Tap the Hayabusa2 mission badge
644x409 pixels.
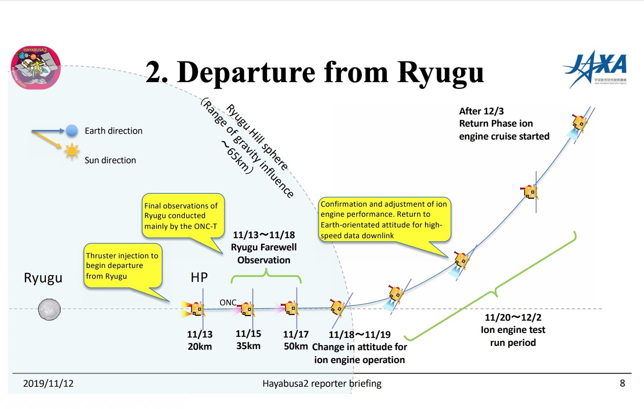[35, 67]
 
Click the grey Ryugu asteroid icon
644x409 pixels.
[49, 309]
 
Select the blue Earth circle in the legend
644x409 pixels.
[72, 130]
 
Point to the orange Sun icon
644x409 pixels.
[72, 151]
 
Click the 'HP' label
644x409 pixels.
[199, 277]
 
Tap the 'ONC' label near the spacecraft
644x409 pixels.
[228, 302]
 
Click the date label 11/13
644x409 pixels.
[200, 334]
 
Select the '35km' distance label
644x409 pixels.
[248, 346]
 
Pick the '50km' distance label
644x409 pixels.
[295, 346]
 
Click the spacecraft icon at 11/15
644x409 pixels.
[247, 309]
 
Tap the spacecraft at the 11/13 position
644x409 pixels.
[197, 309]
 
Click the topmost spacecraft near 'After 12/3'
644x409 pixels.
[579, 122]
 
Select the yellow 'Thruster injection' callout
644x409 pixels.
[122, 265]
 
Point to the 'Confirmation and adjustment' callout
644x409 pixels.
[384, 220]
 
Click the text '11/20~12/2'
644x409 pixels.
[513, 317]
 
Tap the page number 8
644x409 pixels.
[622, 383]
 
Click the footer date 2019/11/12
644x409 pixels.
[48, 383]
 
